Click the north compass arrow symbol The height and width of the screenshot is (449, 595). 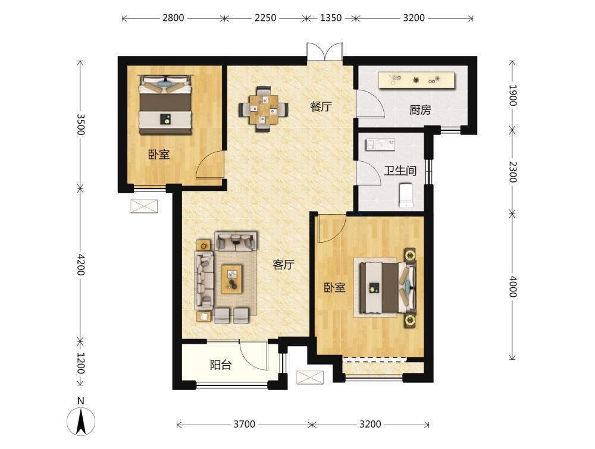(x=80, y=421)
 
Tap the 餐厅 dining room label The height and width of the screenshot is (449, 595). (x=321, y=106)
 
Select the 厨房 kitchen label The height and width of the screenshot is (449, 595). (x=420, y=110)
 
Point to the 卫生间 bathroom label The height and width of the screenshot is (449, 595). (x=400, y=171)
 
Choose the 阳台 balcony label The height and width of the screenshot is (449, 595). (x=221, y=365)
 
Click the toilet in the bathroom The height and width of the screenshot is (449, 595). (x=406, y=195)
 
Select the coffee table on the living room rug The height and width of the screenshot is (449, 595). (x=232, y=279)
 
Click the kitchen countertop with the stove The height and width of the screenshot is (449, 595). (x=416, y=80)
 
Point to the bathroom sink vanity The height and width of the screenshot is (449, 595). (x=380, y=145)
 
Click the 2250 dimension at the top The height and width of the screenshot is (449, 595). (x=265, y=18)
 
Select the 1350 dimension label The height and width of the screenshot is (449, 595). (x=331, y=18)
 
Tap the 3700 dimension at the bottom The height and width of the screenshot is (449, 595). (x=244, y=424)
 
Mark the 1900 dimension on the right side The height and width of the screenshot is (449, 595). (x=512, y=95)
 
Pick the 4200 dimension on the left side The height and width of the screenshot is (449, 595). (x=80, y=264)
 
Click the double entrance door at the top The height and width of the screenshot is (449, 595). (x=325, y=52)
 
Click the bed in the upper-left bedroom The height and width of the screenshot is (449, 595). (x=165, y=104)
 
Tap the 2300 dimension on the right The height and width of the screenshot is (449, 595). (x=512, y=172)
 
